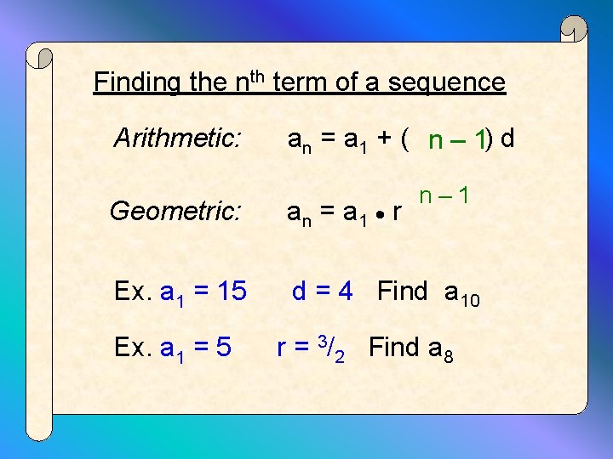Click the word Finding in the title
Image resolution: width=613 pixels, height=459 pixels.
pyautogui.click(x=136, y=82)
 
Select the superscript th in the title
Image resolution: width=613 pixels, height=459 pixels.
pyautogui.click(x=260, y=76)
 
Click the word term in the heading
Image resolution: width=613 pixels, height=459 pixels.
pyautogui.click(x=301, y=82)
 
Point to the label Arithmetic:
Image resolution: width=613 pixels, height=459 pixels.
pyautogui.click(x=177, y=138)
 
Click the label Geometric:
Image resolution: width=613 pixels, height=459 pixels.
pyautogui.click(x=175, y=210)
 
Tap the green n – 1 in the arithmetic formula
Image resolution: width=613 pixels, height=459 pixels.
pyautogui.click(x=457, y=140)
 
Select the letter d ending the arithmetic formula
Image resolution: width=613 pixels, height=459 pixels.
pyautogui.click(x=508, y=138)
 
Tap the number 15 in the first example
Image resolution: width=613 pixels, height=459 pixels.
pyautogui.click(x=232, y=292)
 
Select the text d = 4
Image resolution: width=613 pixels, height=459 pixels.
pyautogui.click(x=322, y=292)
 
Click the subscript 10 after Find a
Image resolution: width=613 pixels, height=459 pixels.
pyautogui.click(x=471, y=300)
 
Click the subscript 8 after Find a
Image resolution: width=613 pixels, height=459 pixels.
pyautogui.click(x=448, y=355)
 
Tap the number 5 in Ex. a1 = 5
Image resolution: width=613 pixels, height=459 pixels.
pyautogui.click(x=222, y=348)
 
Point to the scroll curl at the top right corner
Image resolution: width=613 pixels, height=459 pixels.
pyautogui.click(x=575, y=31)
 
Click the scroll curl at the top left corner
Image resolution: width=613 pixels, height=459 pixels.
pyautogui.click(x=41, y=57)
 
